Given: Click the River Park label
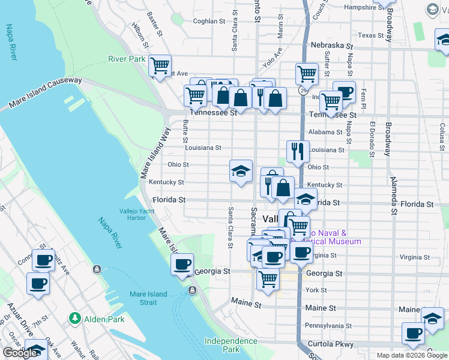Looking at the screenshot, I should [x=127, y=59].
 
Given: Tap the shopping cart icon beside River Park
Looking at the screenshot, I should [x=160, y=65].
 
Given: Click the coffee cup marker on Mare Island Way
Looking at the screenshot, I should [x=182, y=264].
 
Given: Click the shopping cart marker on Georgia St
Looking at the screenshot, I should [x=268, y=278].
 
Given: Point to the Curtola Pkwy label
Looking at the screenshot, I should [x=328, y=343].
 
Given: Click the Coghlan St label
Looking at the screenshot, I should [x=209, y=21].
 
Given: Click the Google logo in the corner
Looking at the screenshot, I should [x=20, y=353].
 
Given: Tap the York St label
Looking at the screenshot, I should [x=316, y=290].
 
